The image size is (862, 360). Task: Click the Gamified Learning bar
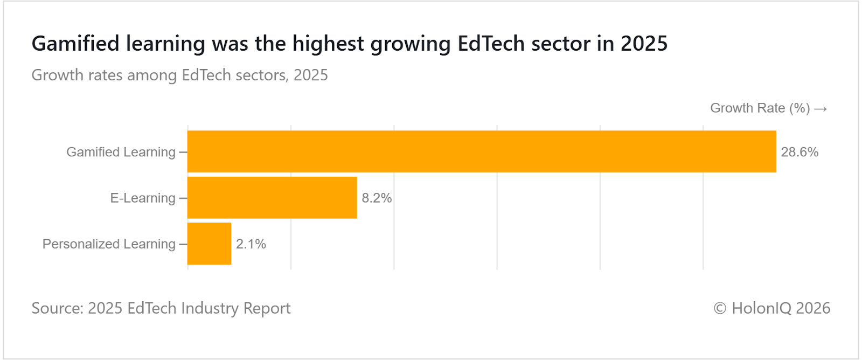pos(482,151)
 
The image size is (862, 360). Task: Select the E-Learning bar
pos(272,198)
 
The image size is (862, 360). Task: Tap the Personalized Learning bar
pos(209,244)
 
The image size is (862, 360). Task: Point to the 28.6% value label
pos(800,152)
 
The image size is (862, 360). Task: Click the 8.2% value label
pos(377,198)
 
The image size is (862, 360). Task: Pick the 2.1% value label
pos(251,244)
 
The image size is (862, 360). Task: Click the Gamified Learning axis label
pos(121,152)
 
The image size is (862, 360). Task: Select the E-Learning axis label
pos(143,198)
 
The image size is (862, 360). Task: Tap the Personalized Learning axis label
pos(109,244)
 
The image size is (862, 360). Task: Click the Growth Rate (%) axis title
pos(760,108)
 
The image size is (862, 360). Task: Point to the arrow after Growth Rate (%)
pos(821,109)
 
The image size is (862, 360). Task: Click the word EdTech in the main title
pos(491,44)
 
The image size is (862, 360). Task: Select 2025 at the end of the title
pos(644,44)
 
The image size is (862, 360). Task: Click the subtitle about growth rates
pos(179,75)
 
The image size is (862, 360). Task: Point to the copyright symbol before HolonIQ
pos(720,308)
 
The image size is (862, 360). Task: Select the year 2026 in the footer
pos(813,308)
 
